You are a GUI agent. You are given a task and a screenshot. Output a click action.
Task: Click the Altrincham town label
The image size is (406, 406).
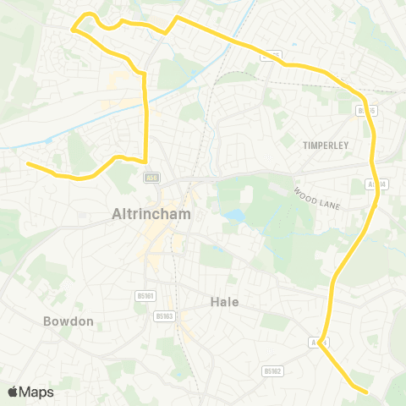[151, 215]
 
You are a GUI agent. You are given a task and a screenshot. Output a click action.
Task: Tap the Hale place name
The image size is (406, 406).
[224, 301]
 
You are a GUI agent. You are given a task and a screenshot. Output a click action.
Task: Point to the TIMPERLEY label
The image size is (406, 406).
[326, 145]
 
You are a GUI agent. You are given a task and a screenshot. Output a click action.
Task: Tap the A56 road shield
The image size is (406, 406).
[151, 178]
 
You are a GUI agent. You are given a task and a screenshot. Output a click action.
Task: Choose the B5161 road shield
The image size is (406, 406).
[145, 295]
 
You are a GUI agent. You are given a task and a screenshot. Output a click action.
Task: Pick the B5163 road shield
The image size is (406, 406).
[164, 316]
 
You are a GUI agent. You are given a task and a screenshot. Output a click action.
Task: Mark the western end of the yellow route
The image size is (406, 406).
[28, 164]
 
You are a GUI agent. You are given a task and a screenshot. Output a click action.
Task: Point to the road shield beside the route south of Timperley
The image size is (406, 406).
[377, 183]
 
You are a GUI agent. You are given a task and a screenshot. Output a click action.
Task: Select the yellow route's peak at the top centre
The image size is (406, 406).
[177, 17]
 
